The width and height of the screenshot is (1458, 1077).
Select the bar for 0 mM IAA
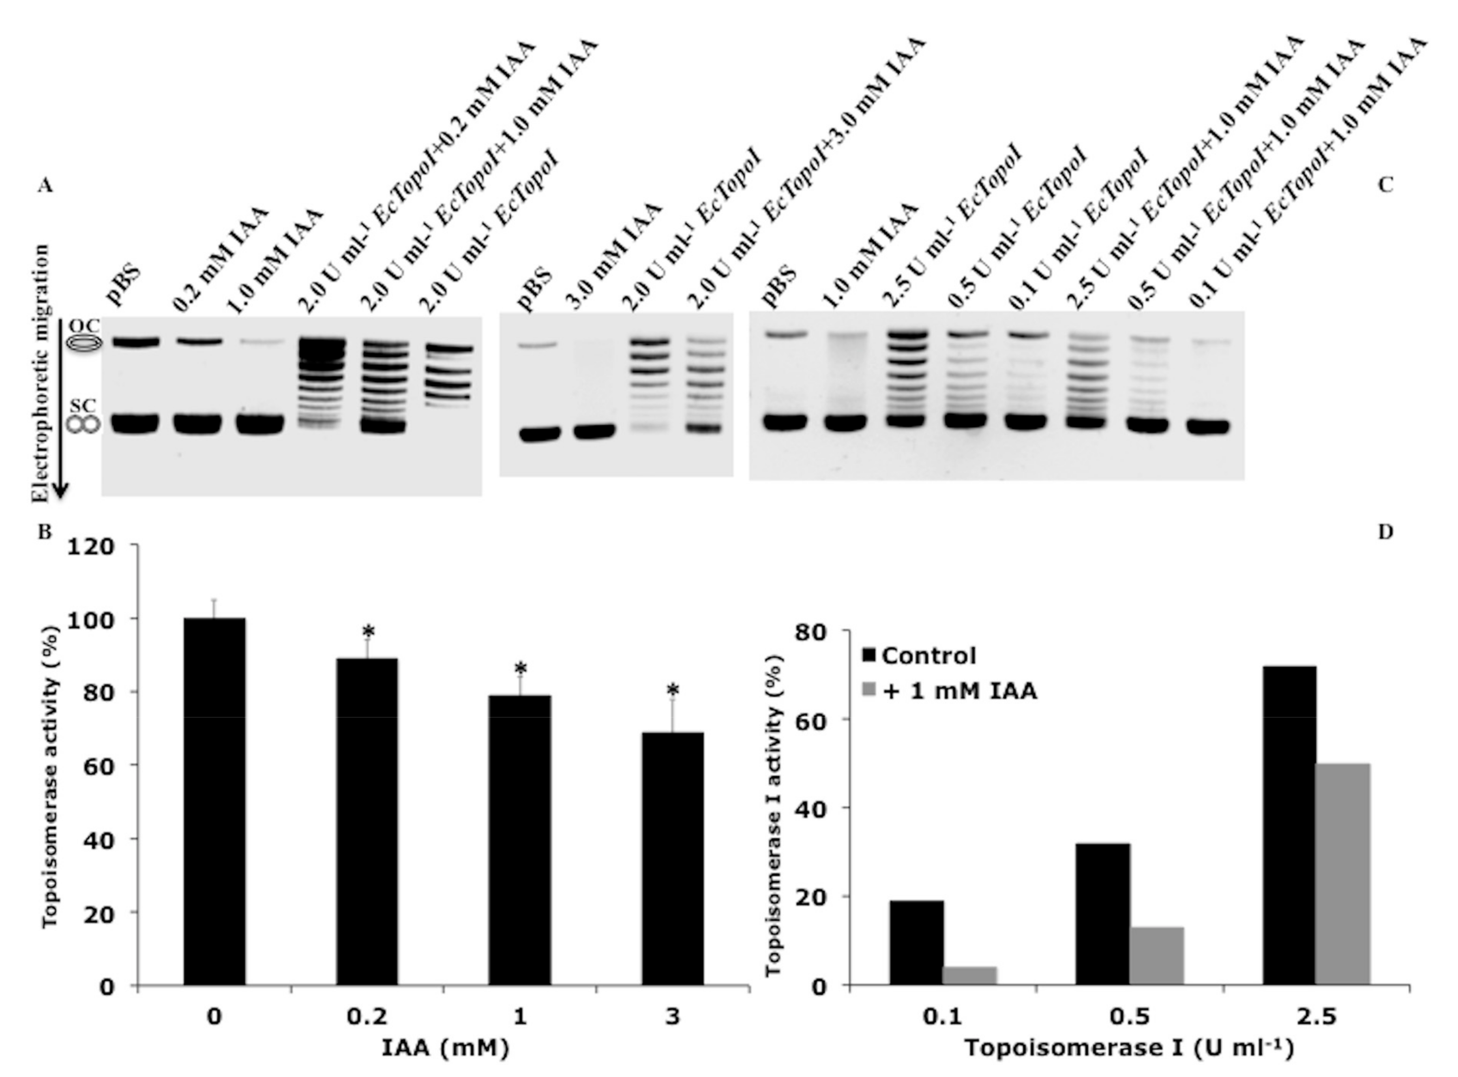[x=214, y=801]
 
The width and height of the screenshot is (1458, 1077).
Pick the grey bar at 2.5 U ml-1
[x=1342, y=874]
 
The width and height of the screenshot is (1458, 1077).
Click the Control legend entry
[x=920, y=656]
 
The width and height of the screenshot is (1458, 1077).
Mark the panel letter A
[x=44, y=186]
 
